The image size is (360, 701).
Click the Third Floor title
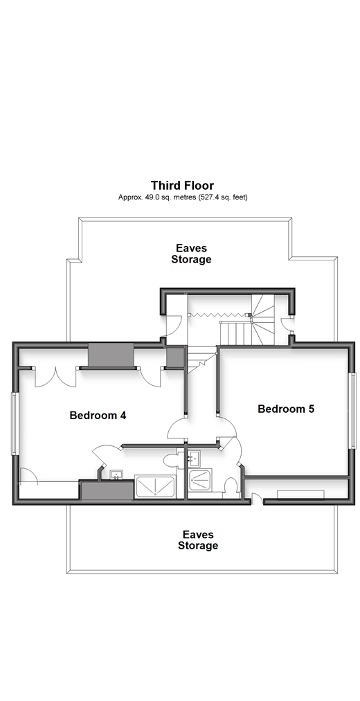click(182, 185)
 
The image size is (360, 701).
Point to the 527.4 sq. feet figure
click(224, 197)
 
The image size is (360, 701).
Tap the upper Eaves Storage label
click(191, 254)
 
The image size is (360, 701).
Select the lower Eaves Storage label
click(198, 540)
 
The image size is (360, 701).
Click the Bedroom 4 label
click(98, 416)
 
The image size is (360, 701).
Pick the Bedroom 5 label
click(287, 409)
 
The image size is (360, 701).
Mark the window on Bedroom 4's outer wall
click(15, 424)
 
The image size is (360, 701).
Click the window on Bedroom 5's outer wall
click(353, 409)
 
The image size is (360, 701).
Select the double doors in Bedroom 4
click(55, 378)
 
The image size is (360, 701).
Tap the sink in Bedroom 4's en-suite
click(116, 474)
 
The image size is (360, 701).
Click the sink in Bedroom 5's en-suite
click(194, 457)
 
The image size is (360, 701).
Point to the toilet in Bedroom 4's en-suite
click(171, 459)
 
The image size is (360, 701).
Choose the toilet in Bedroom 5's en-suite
click(231, 487)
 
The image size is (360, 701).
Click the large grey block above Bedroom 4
click(111, 355)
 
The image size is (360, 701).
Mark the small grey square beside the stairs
click(174, 357)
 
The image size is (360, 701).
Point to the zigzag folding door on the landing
click(218, 315)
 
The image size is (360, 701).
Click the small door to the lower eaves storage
click(256, 499)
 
